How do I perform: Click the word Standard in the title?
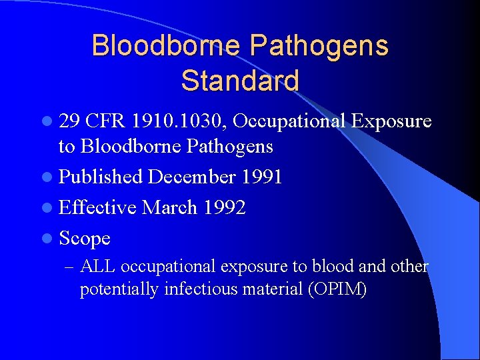tap(239, 81)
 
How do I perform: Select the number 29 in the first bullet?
tap(70, 121)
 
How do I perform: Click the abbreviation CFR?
tap(105, 121)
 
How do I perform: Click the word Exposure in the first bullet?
tap(391, 121)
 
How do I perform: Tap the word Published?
tap(101, 177)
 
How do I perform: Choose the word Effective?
tap(98, 207)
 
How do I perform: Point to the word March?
tap(170, 207)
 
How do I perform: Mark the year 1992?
tap(225, 207)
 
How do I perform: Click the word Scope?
tap(85, 238)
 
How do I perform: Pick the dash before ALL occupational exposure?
tap(69, 267)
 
